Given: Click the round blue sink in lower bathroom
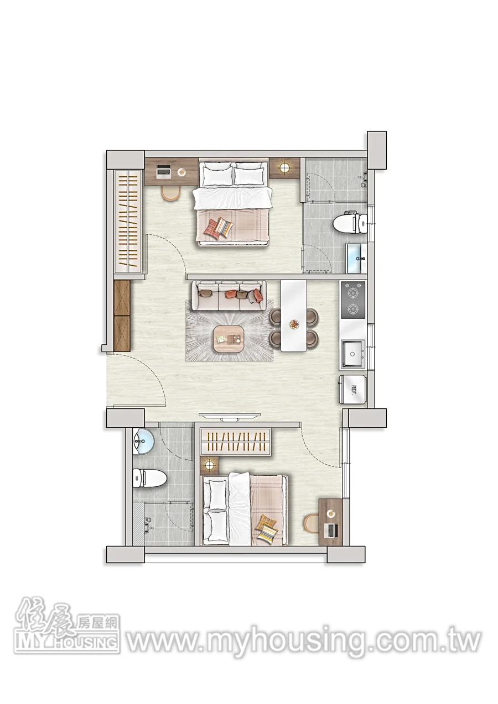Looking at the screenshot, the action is coord(143,442).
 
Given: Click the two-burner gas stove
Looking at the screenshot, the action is coord(353,300).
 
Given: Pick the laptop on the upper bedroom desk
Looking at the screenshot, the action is coord(164,170).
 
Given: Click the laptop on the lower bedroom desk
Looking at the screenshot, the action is coord(331,530).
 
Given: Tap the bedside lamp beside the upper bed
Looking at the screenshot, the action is coord(285,167).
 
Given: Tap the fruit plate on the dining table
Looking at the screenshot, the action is coord(294,324).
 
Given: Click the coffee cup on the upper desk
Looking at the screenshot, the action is coord(181,172).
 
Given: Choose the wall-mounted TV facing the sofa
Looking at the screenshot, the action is coord(232,417).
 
